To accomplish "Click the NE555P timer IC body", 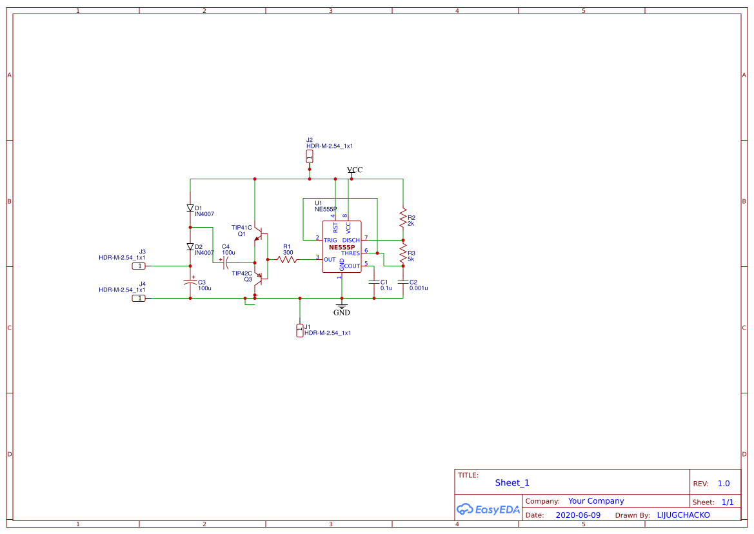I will (342, 247).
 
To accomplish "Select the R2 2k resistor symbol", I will (402, 218).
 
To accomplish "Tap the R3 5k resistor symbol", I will (402, 253).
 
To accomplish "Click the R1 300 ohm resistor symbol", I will (288, 259).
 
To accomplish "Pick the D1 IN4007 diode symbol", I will (190, 208).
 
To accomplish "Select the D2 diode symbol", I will (190, 247).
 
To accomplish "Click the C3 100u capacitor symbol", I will (190, 282).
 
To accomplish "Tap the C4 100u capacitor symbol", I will (225, 262).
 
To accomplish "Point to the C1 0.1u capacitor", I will (373, 282).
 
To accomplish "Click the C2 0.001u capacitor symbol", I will (402, 282).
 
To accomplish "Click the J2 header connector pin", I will (310, 157).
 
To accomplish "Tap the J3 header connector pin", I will (139, 266).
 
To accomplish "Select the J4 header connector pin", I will (139, 298).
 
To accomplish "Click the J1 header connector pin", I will (299, 330).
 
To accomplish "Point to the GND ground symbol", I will (341, 307).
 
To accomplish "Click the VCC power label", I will (354, 170).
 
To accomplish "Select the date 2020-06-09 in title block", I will (577, 515).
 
